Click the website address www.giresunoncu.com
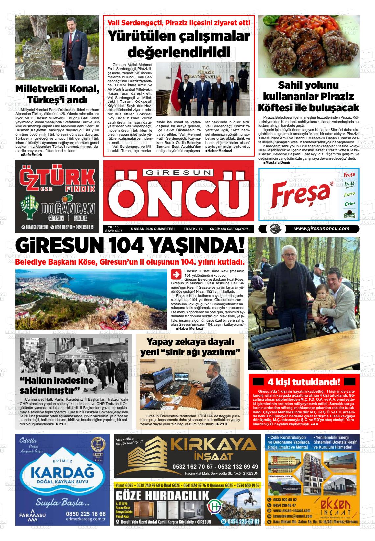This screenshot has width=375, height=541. [x=321, y=229]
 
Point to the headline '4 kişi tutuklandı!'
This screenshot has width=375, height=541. [x=304, y=382]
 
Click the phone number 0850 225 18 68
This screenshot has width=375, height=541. [x=86, y=514]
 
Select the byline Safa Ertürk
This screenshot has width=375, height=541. [x=31, y=155]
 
